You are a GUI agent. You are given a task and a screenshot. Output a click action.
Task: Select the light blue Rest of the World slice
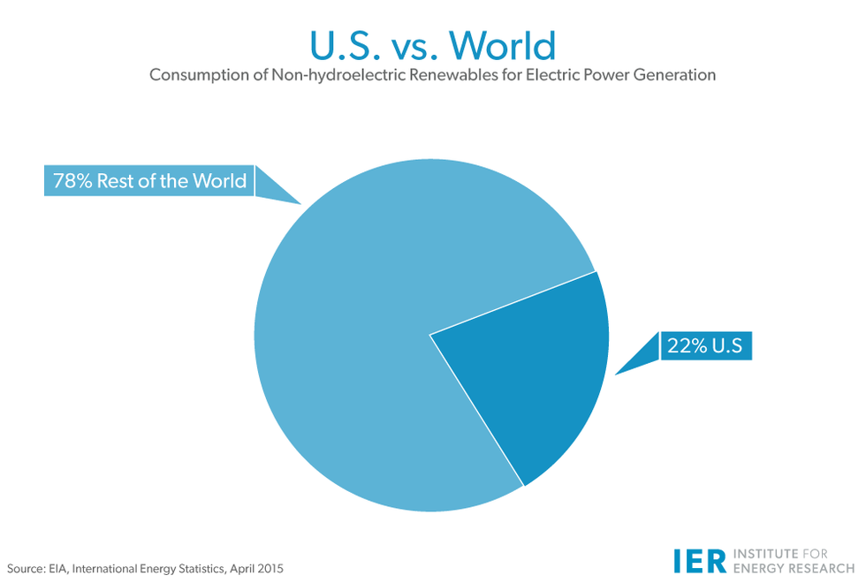point(371,336)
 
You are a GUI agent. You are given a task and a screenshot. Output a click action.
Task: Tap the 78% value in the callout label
point(72,181)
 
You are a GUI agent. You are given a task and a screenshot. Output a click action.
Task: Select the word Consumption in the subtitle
point(196,75)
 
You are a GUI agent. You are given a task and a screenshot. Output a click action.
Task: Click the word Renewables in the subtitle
point(438,75)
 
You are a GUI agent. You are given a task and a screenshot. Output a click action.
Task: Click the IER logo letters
point(698,560)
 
